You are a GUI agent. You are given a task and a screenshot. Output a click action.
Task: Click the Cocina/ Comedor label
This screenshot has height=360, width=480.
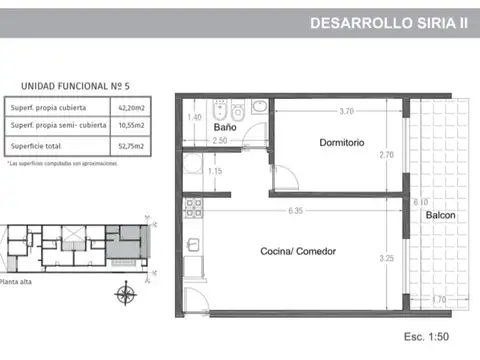click(298, 251)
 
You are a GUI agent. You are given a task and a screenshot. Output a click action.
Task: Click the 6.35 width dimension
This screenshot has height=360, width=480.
click(295, 211)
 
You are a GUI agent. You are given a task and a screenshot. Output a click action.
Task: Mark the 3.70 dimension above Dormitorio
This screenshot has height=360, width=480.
click(346, 111)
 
